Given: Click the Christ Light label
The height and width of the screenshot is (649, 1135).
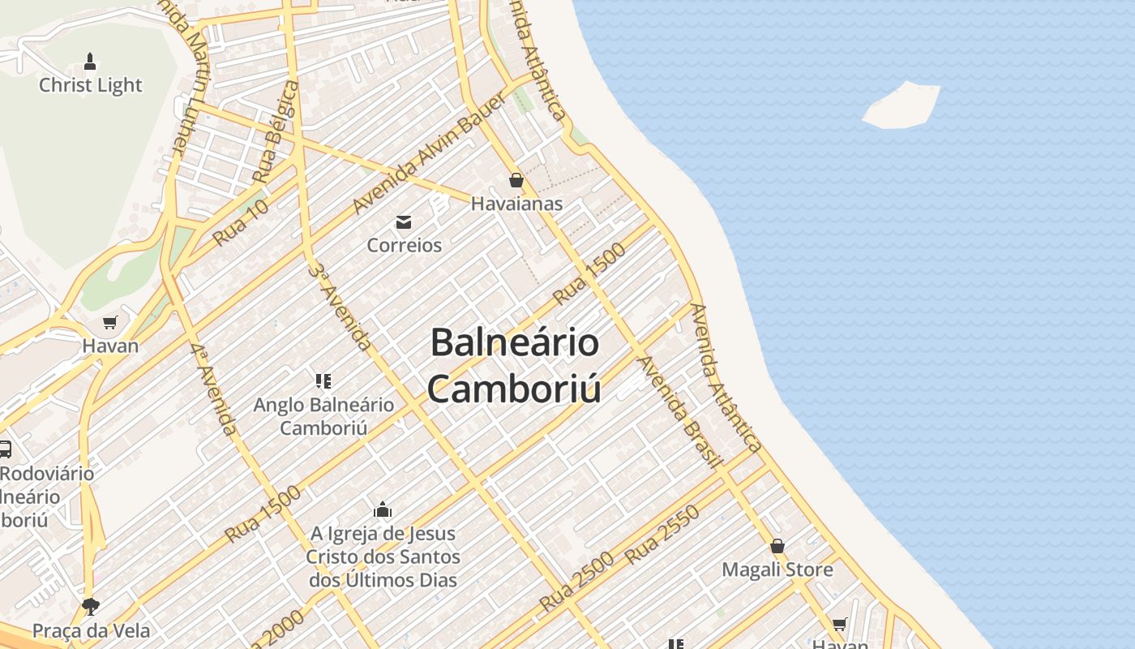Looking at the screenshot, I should click(90, 85).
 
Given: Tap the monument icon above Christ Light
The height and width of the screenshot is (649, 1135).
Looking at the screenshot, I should click(90, 61).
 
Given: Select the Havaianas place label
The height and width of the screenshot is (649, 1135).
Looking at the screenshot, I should click(516, 204).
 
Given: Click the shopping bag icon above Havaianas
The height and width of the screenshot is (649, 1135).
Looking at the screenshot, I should click(516, 180).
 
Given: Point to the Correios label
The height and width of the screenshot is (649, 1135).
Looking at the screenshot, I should click(404, 245).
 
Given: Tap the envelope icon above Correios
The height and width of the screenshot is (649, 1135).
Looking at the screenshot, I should click(404, 222).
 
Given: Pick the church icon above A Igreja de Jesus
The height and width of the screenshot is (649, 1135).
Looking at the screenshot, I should click(383, 510).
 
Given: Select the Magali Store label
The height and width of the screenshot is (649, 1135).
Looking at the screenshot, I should click(777, 569).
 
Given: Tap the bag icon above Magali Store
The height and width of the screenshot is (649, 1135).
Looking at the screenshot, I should click(777, 546).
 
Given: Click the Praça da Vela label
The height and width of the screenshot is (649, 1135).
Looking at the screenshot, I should click(90, 630).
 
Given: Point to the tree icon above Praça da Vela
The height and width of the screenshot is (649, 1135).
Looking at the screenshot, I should click(90, 607).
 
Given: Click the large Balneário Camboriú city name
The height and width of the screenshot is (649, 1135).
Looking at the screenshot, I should click(515, 365).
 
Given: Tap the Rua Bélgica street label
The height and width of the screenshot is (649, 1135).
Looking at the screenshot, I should click(276, 131).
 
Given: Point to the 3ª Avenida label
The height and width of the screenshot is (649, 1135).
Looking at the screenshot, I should click(340, 306).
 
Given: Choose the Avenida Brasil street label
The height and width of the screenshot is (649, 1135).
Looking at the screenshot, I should click(679, 412).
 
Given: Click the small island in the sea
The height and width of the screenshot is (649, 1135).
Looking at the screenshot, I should click(901, 105).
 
